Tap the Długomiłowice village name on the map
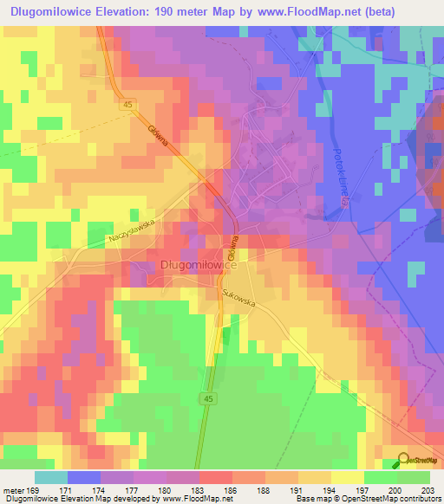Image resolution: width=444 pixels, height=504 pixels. pyautogui.click(x=199, y=265)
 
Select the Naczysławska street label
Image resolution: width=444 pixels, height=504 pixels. pyautogui.click(x=130, y=228)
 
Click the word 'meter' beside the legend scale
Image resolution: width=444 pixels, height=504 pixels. pyautogui.click(x=15, y=489)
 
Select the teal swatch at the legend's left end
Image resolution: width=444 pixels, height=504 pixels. pyautogui.click(x=50, y=477)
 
